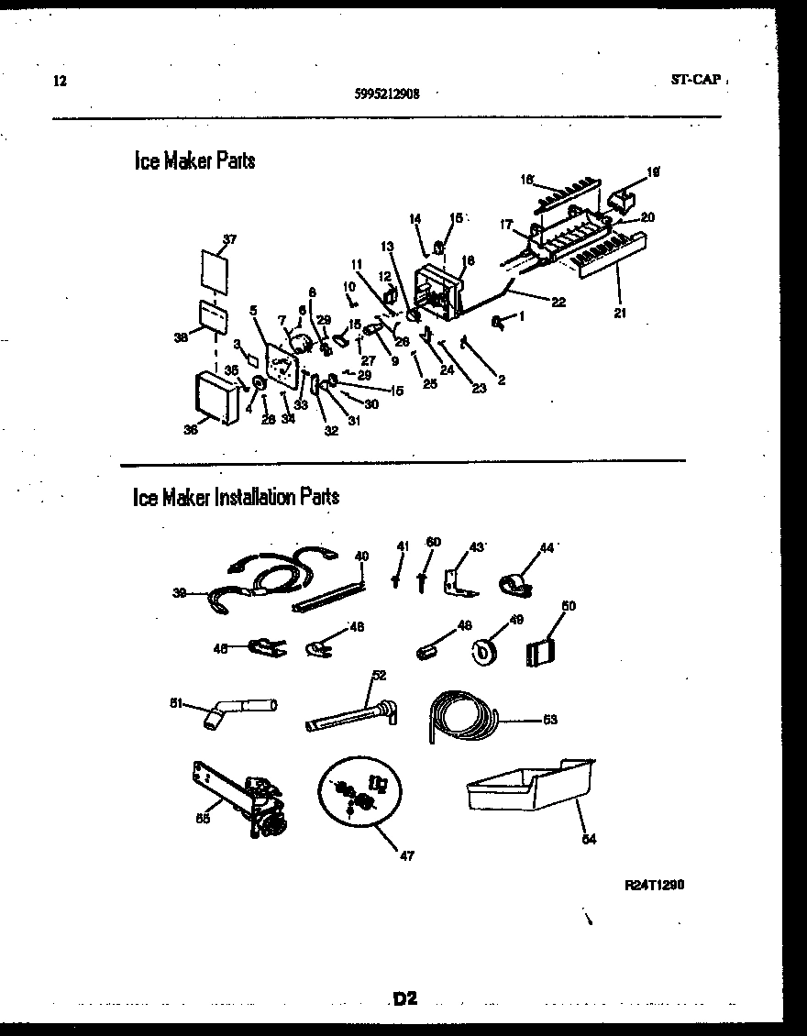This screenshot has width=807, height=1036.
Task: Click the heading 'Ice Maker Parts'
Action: point(194,161)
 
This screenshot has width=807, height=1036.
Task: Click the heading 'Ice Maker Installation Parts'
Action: point(237,497)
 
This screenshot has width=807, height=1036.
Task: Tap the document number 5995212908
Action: point(386,93)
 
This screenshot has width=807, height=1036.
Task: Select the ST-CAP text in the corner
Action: point(694,80)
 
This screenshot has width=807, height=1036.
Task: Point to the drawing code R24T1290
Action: point(656,885)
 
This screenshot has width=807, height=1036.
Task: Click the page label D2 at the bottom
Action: point(404,998)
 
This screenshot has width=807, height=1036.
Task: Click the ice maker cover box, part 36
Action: point(217,396)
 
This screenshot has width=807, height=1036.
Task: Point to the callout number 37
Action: point(229,240)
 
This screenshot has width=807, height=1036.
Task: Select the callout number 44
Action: point(547,547)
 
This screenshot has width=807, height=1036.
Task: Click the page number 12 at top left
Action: point(60,80)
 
